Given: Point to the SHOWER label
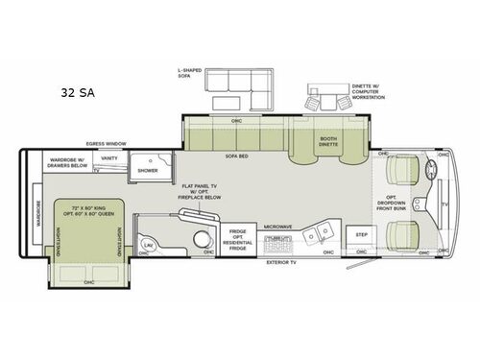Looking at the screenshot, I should tap(148, 170).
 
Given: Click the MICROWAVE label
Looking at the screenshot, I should tap(277, 227).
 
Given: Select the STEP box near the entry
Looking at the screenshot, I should tap(362, 235).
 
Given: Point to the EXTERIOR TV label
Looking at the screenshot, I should tap(281, 261).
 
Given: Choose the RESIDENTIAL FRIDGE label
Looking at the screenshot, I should tap(238, 239).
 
